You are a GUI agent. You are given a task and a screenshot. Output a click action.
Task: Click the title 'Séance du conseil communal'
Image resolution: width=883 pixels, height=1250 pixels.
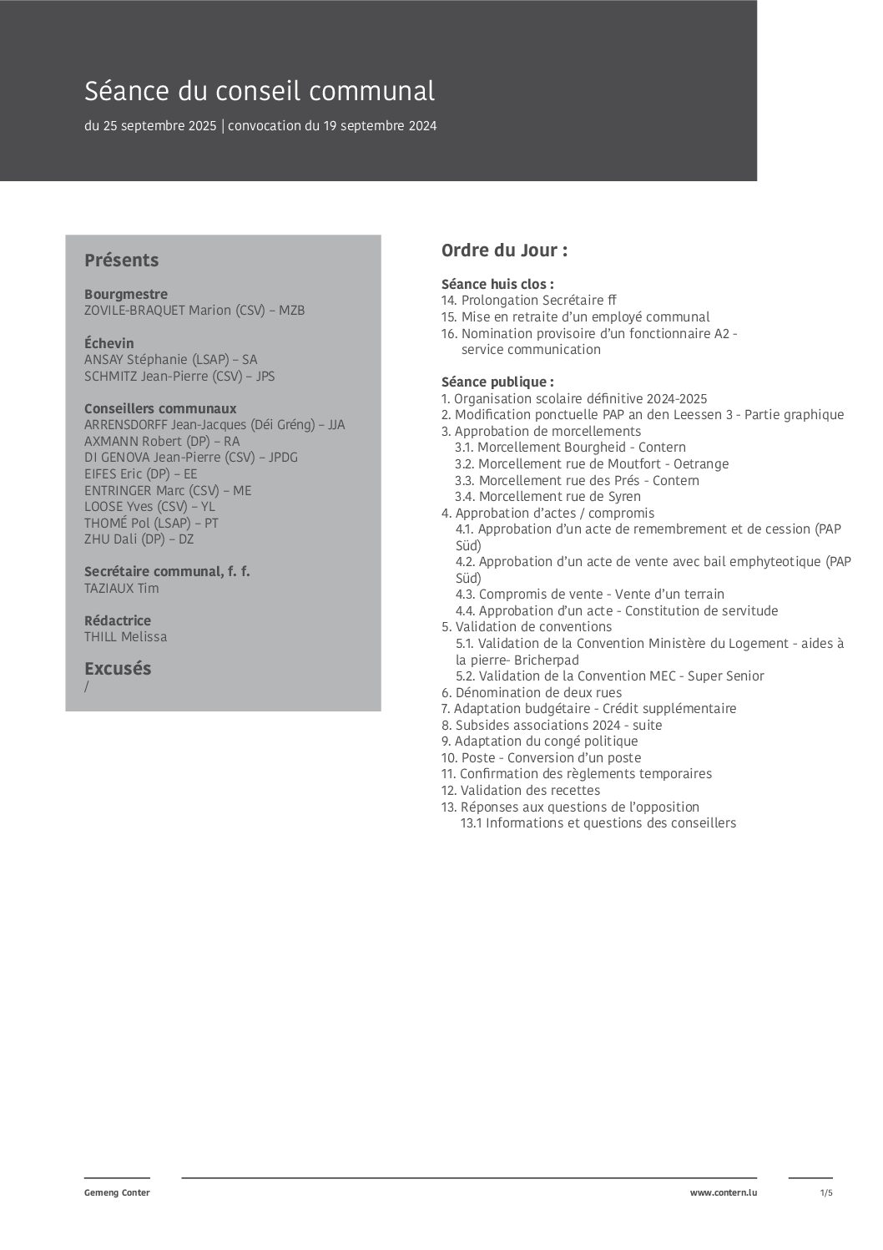coord(260,90)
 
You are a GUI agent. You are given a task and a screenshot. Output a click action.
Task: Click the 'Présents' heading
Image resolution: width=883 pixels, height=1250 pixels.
coord(121,260)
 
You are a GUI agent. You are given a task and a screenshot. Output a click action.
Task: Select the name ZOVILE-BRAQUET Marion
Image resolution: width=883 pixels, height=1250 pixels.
coord(194,311)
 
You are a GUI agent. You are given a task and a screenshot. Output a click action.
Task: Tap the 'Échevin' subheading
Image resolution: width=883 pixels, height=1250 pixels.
coord(108,343)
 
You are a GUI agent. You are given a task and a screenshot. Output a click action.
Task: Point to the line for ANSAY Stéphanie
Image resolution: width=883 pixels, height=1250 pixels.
coord(170,360)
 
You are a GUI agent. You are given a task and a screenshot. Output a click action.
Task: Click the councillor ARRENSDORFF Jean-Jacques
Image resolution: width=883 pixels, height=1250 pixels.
coord(214,425)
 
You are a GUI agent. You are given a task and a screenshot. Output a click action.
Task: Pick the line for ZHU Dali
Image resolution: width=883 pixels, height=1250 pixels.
coord(139,539)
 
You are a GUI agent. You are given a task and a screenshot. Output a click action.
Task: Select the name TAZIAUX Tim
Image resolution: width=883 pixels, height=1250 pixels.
coord(121,589)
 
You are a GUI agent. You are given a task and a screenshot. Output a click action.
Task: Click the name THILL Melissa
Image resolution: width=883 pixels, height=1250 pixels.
coord(125,637)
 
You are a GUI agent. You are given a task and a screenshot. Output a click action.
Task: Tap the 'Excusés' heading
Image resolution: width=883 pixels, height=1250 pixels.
coord(118,669)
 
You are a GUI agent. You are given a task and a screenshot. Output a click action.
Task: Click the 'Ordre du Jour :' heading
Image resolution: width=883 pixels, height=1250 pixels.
coord(504,251)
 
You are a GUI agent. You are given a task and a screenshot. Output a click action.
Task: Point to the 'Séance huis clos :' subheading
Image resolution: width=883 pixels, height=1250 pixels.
coord(497,284)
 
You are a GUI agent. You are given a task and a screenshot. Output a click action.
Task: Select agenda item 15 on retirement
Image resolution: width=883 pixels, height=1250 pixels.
coord(575,317)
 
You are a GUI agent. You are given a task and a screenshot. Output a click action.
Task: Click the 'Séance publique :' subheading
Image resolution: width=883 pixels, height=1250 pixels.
coord(497,382)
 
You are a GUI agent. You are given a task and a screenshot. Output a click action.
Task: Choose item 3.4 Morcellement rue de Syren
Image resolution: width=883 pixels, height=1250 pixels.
coord(547,497)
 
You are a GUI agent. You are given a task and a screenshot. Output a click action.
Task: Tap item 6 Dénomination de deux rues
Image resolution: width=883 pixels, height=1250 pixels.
coord(532,693)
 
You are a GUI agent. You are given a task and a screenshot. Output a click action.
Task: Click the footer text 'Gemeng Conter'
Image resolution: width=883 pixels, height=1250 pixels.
coord(117,1193)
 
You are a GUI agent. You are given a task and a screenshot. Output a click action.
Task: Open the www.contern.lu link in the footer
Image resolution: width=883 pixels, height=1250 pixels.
coord(724,1193)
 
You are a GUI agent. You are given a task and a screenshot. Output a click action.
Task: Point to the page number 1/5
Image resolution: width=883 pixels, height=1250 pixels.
coord(826,1193)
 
